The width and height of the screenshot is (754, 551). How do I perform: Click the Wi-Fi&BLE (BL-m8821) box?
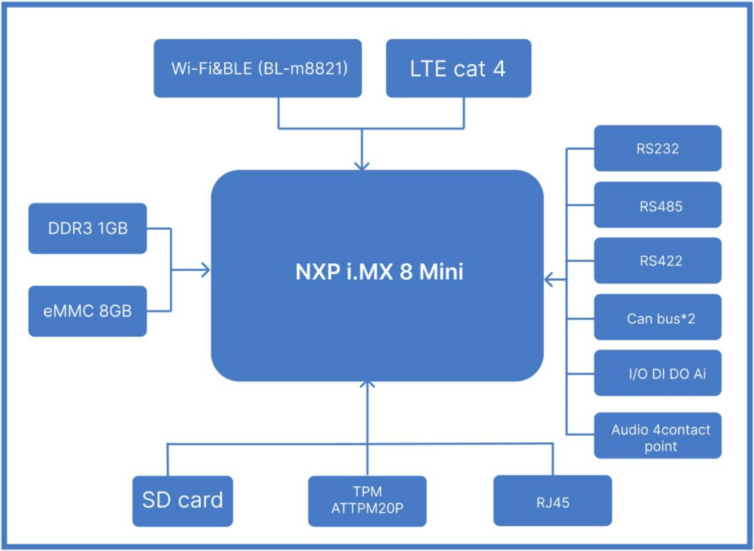(x=258, y=68)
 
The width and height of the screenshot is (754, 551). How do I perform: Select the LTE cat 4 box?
(x=458, y=68)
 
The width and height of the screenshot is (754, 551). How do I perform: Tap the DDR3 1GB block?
(x=88, y=228)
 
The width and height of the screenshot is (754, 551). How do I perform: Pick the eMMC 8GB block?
(x=88, y=312)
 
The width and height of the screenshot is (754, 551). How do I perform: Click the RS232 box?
(x=658, y=148)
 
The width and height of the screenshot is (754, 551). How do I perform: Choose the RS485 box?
(x=658, y=205)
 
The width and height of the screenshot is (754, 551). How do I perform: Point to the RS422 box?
(x=658, y=261)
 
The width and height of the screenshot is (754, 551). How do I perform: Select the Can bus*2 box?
(x=658, y=317)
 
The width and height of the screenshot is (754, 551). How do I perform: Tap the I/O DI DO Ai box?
(x=658, y=374)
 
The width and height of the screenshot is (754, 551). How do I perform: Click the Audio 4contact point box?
(x=658, y=436)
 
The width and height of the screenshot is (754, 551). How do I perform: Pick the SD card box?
(x=182, y=500)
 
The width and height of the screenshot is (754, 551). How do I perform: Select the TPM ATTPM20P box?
(x=367, y=500)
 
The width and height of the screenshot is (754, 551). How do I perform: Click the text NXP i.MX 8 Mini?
(x=376, y=273)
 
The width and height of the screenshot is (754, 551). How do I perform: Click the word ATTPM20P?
(x=367, y=508)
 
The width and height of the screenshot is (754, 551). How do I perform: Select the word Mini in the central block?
(x=441, y=273)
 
